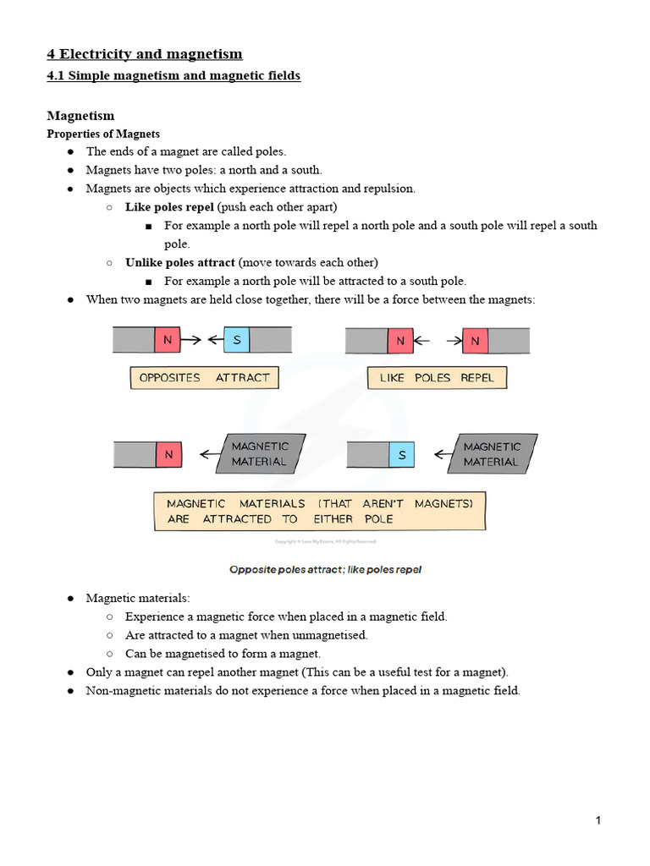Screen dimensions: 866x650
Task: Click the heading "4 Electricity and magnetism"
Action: coord(144,54)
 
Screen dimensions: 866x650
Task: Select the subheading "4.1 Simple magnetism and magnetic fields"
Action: coord(173,76)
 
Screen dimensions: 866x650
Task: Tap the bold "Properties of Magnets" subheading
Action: coord(102,134)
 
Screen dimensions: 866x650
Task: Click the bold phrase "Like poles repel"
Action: coord(169,206)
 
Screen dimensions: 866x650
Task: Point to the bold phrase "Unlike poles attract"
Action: coord(179,262)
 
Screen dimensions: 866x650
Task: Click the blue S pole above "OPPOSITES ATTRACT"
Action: coord(237,340)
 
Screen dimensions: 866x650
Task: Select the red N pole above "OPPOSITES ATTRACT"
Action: coord(168,340)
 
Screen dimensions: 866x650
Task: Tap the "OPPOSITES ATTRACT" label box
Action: coord(204,377)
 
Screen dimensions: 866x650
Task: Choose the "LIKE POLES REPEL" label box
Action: coord(437,377)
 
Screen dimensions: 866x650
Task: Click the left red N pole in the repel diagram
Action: coord(399,341)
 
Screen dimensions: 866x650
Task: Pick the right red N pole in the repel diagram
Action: coord(475,341)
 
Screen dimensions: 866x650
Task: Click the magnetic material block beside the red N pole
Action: coord(259,454)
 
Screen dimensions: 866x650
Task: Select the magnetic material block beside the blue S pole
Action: coord(492,454)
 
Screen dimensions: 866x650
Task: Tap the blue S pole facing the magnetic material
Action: coord(402,455)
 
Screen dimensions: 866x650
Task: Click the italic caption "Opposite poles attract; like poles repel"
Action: coord(325,570)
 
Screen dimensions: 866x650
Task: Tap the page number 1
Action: coord(598,820)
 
